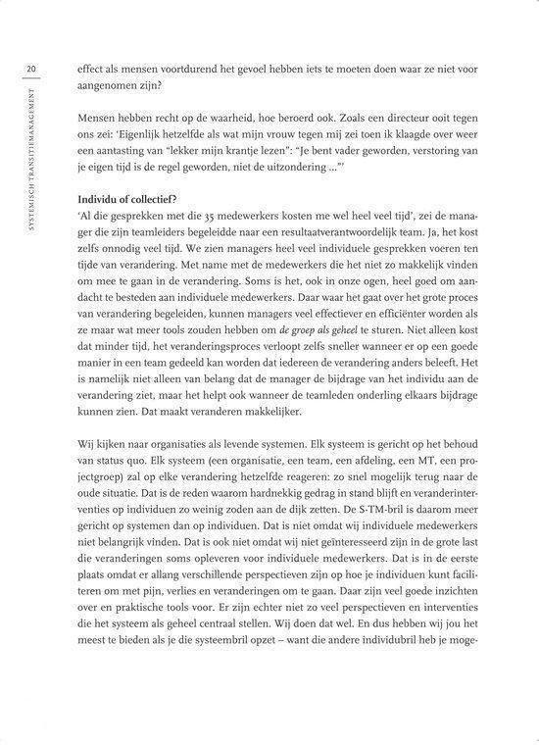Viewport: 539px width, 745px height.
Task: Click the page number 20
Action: click(32, 69)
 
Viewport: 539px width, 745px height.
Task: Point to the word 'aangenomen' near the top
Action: click(120, 86)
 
